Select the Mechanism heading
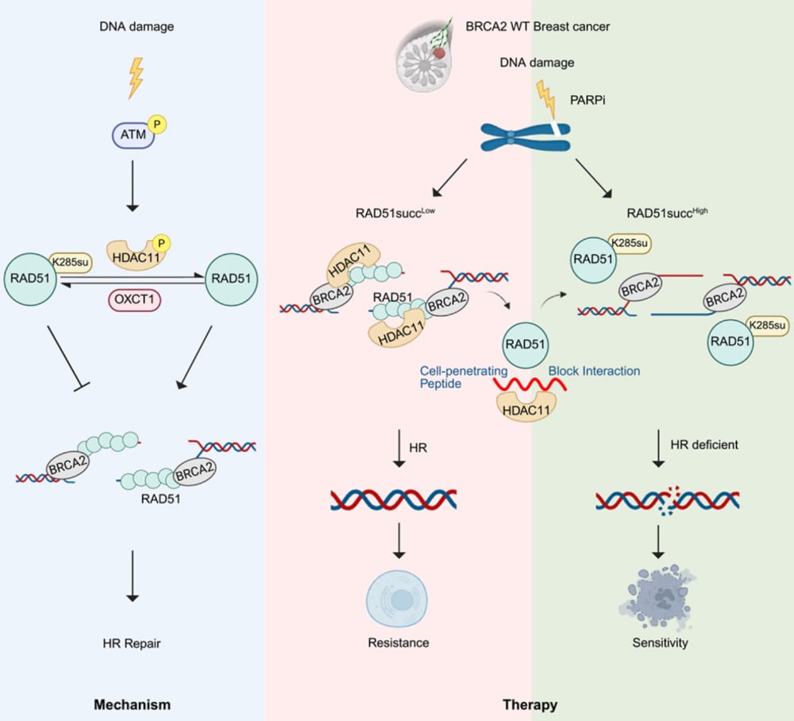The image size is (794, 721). [x=132, y=704]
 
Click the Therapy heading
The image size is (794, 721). [x=530, y=704]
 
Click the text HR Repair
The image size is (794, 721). [x=133, y=642]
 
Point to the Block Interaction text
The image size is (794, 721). [x=593, y=370]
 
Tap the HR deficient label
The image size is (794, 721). [x=703, y=445]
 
